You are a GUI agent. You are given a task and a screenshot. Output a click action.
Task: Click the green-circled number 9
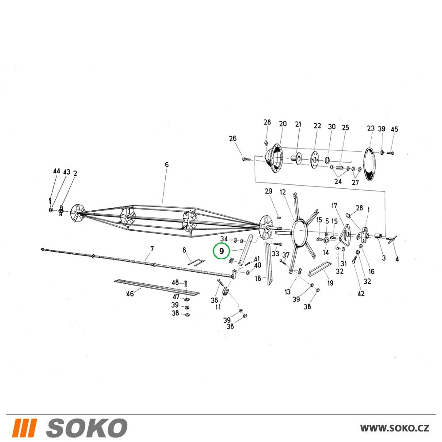[221, 251]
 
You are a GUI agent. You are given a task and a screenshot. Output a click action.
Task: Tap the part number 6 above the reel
[167, 164]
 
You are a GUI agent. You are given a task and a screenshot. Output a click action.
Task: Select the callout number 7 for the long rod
[152, 249]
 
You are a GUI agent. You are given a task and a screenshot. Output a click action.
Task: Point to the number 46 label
[130, 294]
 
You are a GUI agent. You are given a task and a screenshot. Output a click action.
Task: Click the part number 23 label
[371, 128]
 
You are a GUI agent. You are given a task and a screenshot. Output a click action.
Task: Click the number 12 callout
[283, 192]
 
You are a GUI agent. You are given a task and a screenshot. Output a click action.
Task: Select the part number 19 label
[330, 283]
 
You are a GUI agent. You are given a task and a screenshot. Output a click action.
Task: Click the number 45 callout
[394, 129]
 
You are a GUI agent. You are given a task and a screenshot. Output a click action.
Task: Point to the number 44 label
[57, 171]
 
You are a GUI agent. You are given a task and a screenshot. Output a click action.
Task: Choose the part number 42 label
[361, 294]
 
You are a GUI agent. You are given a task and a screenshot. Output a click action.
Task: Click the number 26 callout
[233, 138]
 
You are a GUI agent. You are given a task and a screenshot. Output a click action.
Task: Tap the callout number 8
[184, 250]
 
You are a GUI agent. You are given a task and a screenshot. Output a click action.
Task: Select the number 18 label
[258, 278]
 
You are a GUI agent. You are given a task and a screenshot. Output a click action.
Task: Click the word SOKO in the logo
[87, 428]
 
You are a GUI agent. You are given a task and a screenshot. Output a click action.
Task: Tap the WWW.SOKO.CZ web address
[395, 428]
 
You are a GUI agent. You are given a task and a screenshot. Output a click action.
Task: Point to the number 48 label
[175, 282]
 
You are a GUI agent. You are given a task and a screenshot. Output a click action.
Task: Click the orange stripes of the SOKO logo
[24, 428]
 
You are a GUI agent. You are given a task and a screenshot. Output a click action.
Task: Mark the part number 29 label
[268, 191]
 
